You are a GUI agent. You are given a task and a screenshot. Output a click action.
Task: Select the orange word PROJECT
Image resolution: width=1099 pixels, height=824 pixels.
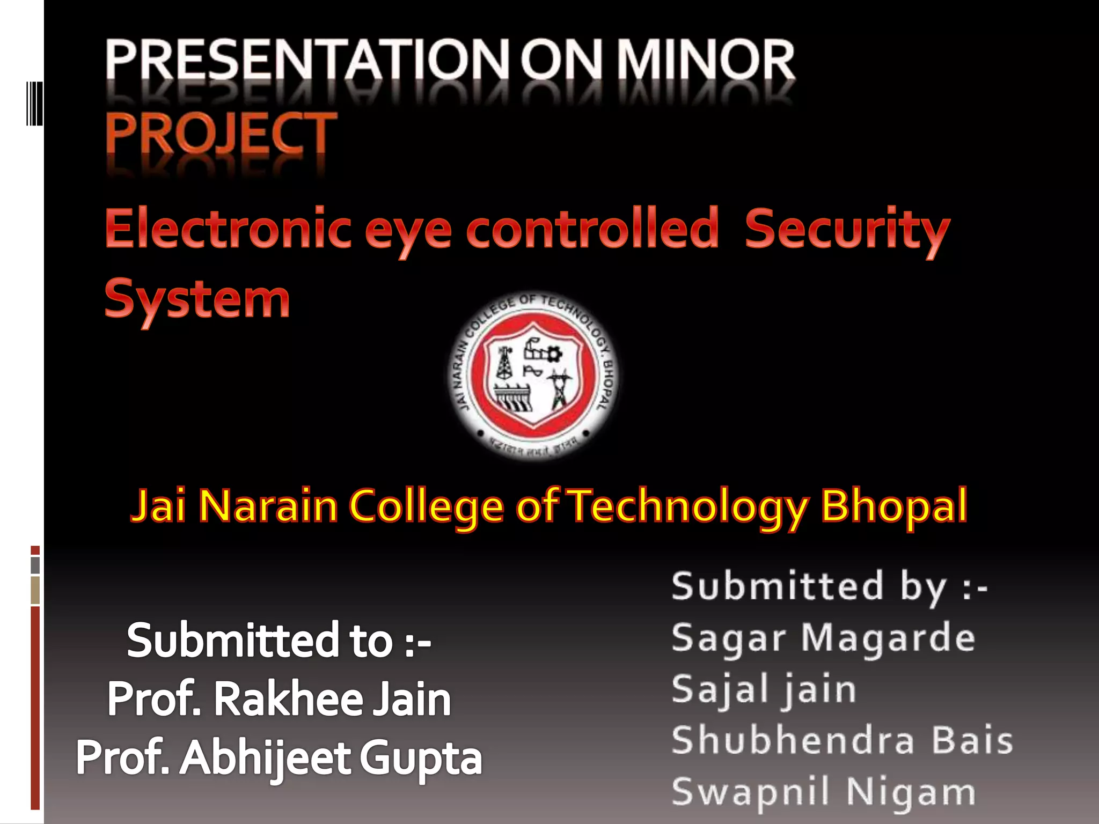pos(221,134)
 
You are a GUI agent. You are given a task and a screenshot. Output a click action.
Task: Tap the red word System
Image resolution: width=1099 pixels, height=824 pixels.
pos(197,299)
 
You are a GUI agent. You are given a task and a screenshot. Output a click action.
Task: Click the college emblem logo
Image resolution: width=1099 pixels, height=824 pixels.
pos(533,376)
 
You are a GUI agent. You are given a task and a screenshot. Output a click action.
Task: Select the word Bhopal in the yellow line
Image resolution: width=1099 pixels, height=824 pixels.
pos(894,505)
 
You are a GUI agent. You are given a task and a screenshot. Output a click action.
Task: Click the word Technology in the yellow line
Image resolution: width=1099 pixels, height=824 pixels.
pos(688,506)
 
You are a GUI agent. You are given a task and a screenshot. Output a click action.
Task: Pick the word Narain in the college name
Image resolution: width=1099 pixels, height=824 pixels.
pos(268,505)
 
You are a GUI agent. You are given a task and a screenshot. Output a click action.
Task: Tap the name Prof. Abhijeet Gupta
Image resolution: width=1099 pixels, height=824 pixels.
pos(279,757)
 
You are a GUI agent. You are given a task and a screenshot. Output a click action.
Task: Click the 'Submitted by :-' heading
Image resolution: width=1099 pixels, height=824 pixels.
pos(830,587)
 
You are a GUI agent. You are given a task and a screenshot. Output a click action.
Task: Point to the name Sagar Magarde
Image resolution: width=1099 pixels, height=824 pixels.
pos(823,638)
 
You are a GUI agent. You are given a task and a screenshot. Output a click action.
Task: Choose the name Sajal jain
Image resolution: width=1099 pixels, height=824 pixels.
pos(764,689)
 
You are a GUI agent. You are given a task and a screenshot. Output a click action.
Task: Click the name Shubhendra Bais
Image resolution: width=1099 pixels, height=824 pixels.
pos(842,740)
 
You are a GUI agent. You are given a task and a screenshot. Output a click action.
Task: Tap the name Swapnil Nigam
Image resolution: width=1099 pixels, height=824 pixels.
pos(823,792)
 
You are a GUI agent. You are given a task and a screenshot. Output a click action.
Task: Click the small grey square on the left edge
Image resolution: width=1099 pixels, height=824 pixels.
pos(35,565)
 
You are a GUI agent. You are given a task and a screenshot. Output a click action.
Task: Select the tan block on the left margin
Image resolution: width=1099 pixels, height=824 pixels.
pos(35,590)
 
